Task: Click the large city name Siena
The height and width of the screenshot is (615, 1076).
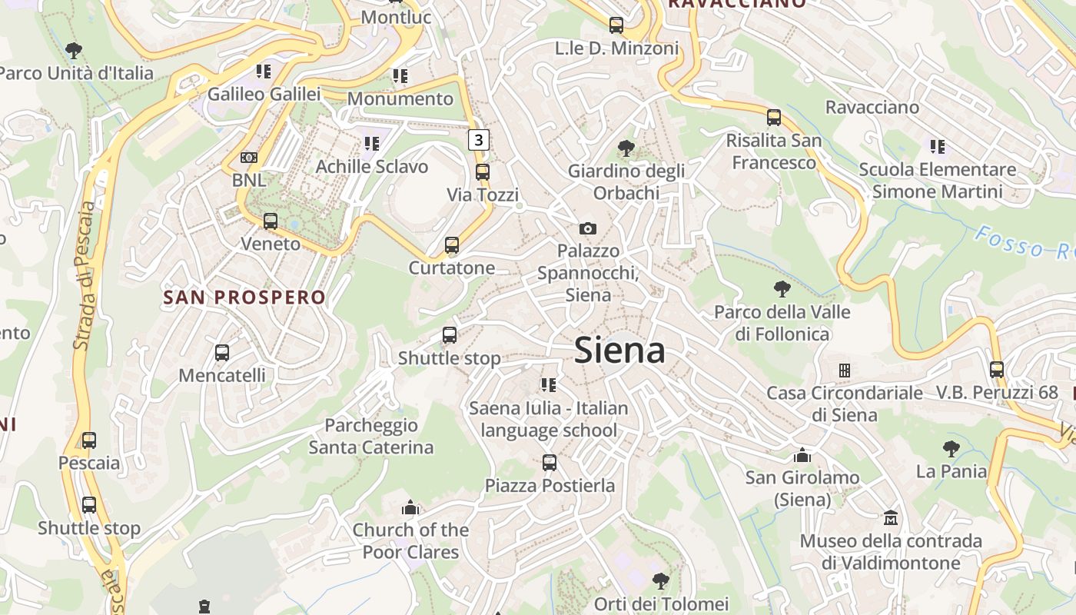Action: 619,351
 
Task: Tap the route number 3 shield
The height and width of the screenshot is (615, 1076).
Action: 480,140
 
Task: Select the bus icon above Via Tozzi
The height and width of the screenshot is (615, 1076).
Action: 483,171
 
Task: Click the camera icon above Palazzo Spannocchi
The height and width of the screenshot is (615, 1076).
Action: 588,228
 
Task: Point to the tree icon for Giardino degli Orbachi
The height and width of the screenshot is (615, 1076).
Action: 626,148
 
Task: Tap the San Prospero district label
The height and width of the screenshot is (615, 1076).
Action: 244,297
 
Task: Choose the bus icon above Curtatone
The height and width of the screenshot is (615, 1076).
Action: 452,245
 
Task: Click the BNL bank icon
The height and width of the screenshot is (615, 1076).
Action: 249,158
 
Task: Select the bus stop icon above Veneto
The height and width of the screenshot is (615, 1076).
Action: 271,221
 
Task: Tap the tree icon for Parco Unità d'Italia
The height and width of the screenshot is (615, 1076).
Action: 74,51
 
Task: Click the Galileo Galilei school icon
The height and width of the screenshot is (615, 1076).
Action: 264,71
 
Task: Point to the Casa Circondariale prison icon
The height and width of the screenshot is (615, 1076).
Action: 845,371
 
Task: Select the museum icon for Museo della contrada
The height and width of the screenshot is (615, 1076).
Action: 891,517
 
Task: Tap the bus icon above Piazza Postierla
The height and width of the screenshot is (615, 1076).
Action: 550,463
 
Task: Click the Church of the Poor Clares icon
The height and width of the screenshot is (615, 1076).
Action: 410,507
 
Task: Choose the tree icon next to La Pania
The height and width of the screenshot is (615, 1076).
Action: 951,448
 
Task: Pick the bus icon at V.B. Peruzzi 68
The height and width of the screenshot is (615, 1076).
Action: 997,370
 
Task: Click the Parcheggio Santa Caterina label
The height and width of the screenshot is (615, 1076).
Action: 371,436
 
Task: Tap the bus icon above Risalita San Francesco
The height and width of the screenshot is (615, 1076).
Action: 774,118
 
